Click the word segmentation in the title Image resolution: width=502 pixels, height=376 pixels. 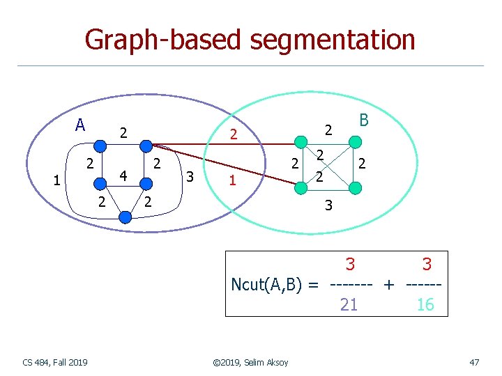(333, 40)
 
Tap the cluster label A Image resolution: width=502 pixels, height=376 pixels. (80, 125)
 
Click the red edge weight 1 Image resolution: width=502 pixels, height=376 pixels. (233, 180)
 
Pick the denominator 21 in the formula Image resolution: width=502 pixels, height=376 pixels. (349, 304)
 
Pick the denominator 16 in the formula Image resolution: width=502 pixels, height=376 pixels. (425, 304)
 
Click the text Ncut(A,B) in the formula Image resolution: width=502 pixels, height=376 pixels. (270, 285)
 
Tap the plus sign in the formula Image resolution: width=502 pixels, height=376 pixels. (388, 285)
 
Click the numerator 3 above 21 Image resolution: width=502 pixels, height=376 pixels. (351, 265)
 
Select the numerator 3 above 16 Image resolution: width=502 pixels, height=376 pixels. (426, 265)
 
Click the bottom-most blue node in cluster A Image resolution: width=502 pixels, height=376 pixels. (125, 217)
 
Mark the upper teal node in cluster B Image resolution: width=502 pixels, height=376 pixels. (355, 143)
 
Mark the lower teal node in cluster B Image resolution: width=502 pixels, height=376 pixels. (355, 188)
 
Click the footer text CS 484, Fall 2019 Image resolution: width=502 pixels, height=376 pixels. (55, 362)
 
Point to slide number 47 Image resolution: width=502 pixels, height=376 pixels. (474, 362)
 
